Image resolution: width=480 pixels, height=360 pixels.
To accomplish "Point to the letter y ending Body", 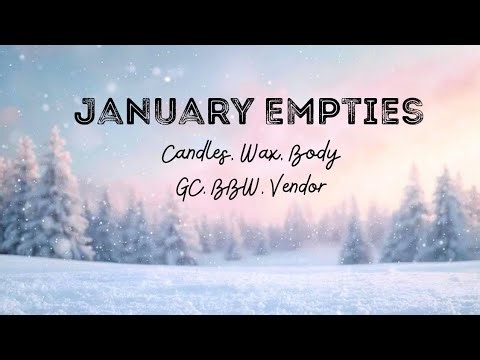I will (338, 162).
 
